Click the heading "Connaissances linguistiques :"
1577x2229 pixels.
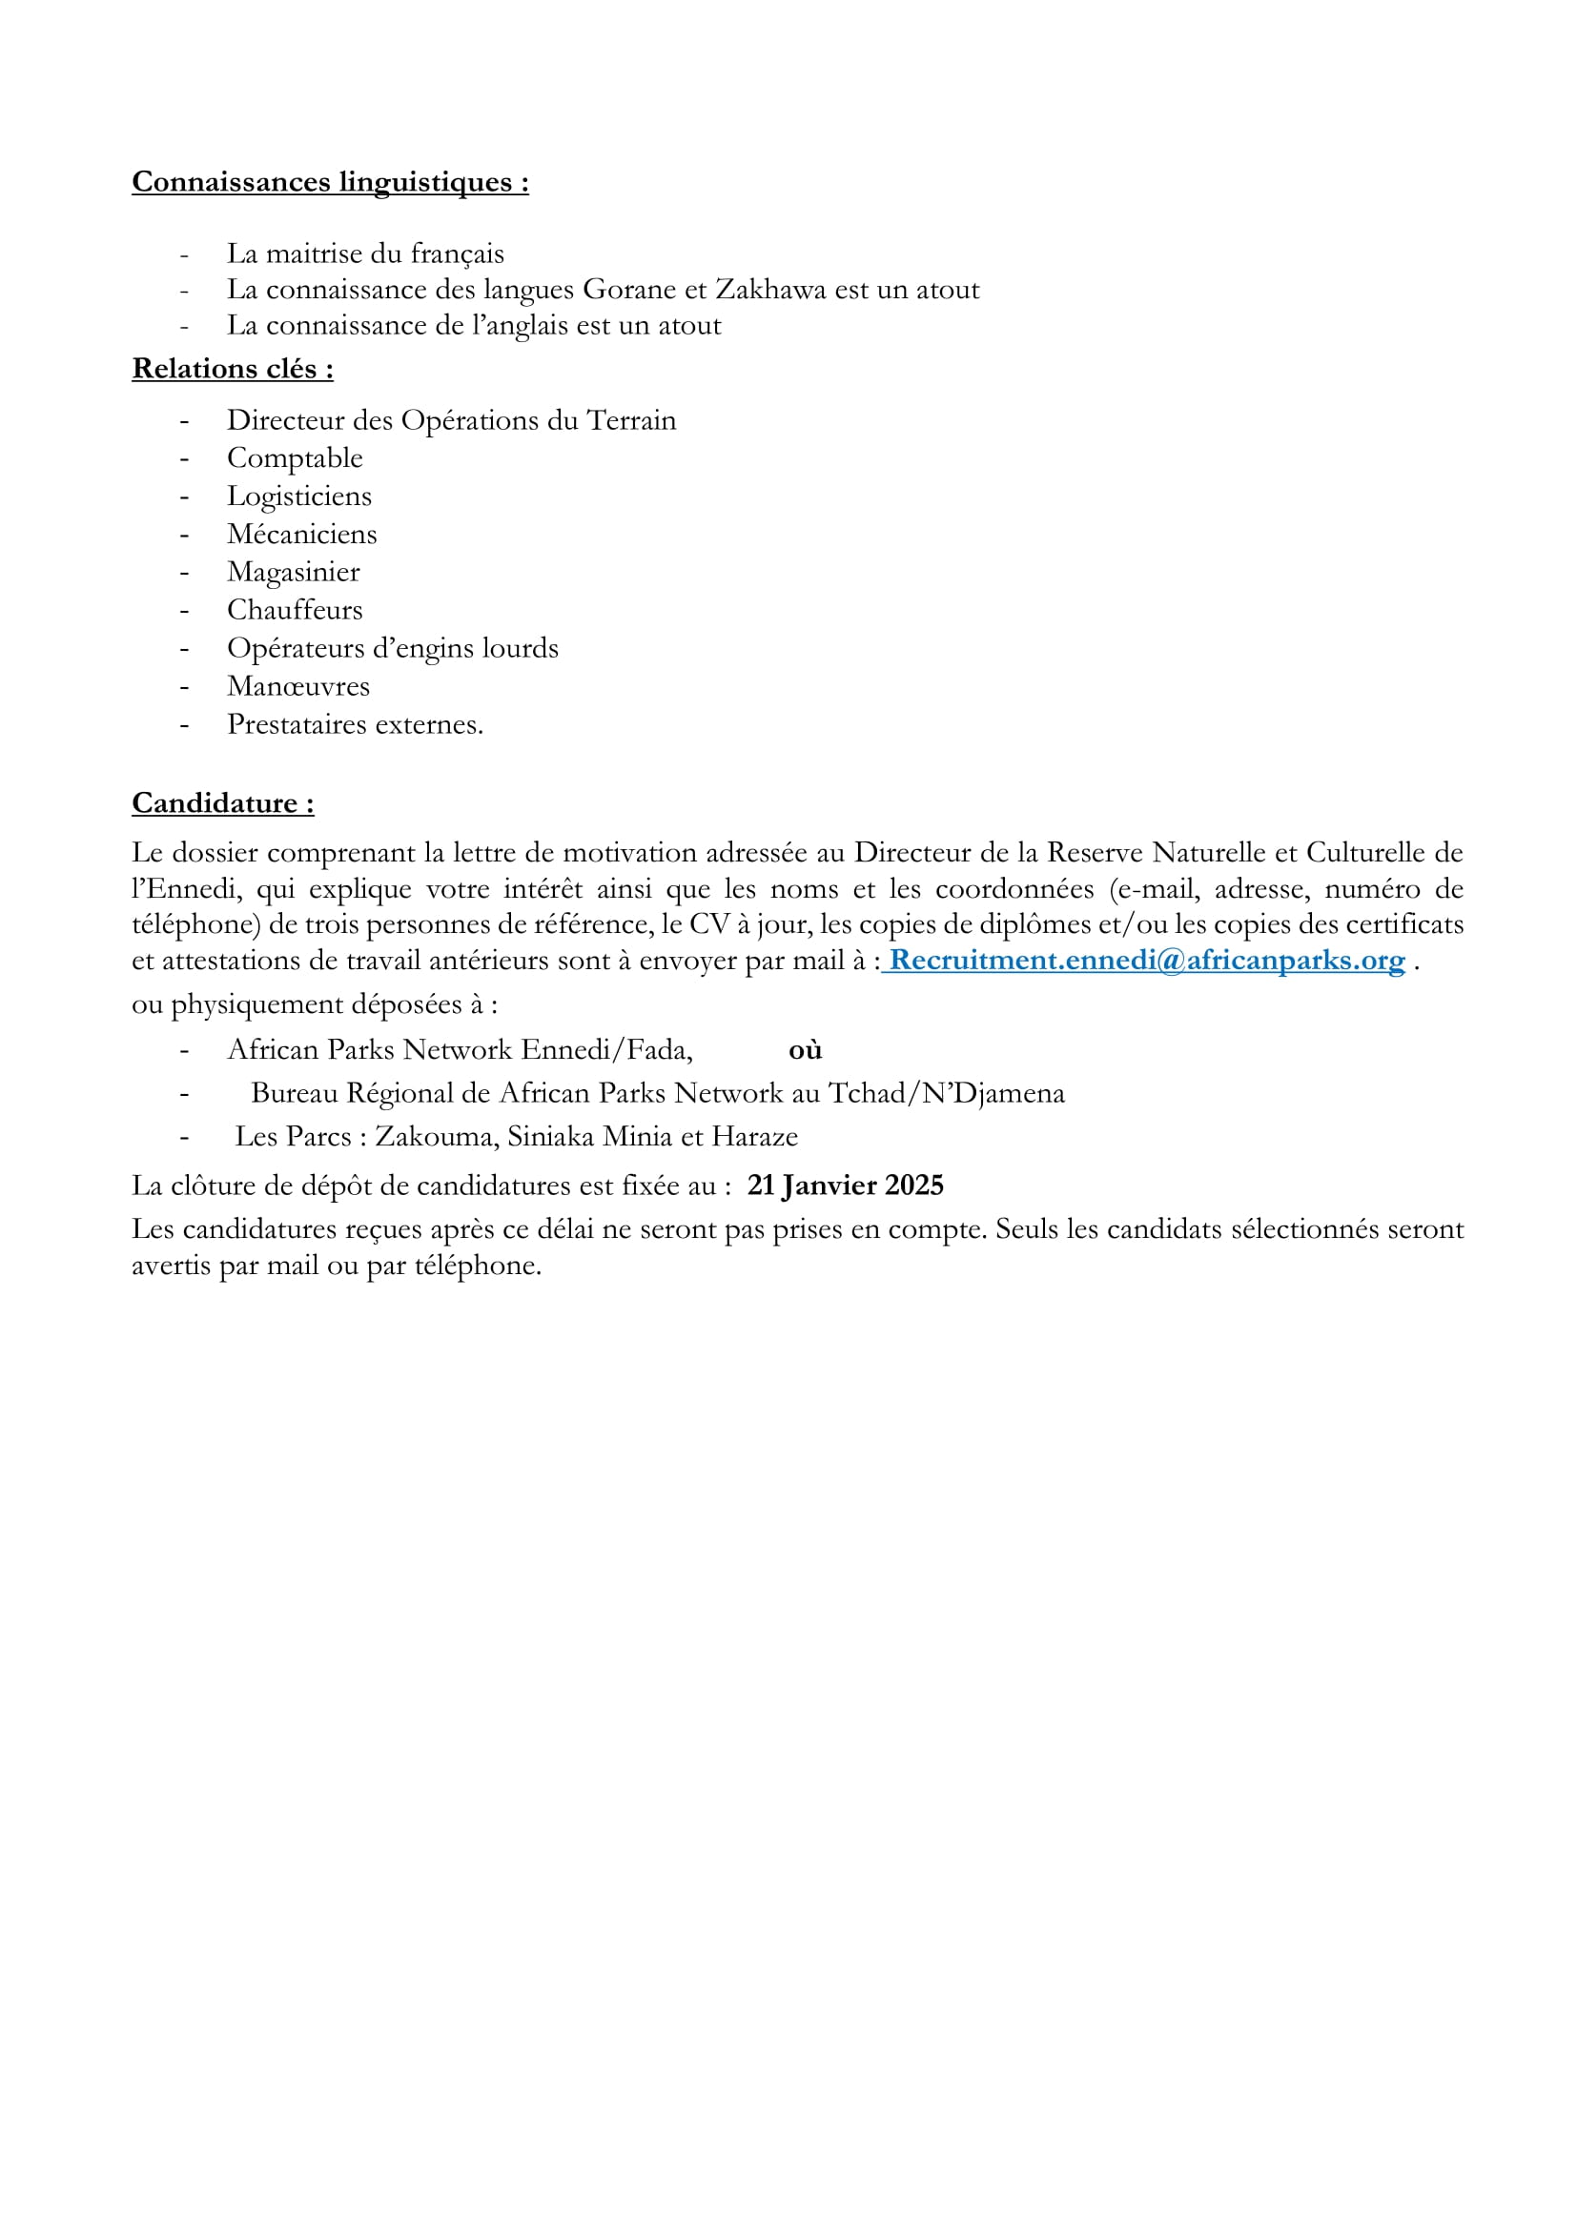pos(330,182)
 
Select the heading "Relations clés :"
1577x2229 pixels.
pos(232,369)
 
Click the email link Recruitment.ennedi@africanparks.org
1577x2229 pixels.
pos(1147,961)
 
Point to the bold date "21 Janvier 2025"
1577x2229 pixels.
pos(845,1185)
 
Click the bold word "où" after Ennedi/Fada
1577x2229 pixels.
pos(805,1049)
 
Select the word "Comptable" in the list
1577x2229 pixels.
pos(295,457)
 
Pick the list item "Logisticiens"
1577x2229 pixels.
pos(299,496)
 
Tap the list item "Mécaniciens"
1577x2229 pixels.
pos(302,534)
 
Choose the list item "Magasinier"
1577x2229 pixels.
pos(294,572)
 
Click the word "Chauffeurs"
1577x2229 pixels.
pos(295,610)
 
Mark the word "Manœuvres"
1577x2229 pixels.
pos(298,686)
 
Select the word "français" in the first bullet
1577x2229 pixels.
pos(457,254)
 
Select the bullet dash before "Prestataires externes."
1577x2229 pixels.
pos(183,725)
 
